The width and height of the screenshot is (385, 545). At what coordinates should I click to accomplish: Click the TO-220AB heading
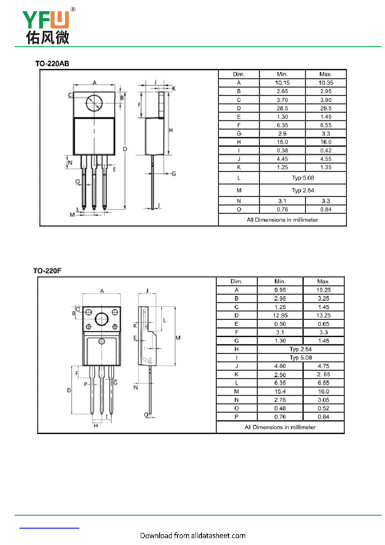point(52,63)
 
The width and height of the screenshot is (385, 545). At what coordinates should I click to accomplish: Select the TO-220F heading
point(47,271)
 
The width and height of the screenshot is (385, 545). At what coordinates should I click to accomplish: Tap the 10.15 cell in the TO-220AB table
point(282,83)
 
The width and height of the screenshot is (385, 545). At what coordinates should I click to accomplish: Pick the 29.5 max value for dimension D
point(326,108)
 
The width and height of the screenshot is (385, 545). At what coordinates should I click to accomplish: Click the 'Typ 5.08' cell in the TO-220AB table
point(303,178)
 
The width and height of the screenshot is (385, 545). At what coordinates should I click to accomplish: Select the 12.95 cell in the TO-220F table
point(280,315)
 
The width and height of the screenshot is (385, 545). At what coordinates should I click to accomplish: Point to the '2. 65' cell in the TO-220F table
point(323,374)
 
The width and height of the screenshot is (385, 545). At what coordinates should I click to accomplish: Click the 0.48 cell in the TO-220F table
point(280,408)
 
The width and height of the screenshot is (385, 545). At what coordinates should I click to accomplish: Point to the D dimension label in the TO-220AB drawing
point(125,149)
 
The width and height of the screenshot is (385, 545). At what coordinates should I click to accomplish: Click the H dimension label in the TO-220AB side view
point(171,130)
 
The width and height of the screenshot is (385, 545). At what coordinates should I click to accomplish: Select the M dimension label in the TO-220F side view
point(178,338)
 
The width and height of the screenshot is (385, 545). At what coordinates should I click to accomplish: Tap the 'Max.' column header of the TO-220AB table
point(325,74)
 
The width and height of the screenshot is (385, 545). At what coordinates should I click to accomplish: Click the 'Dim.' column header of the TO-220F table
point(237,281)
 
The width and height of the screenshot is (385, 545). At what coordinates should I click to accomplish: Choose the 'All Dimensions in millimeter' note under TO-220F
point(280,427)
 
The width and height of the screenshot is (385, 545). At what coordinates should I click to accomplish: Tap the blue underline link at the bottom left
point(49,528)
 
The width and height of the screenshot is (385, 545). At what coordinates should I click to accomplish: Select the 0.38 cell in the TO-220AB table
point(282,150)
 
